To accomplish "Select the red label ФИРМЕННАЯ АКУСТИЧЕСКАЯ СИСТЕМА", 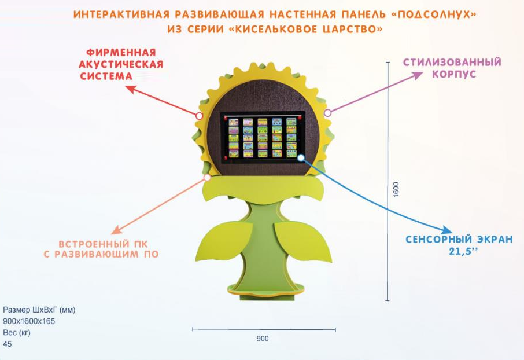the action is point(121,64).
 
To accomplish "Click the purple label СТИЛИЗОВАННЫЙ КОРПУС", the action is point(452,68).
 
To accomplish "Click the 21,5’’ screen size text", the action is point(460,251).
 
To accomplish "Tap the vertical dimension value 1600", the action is point(396,189).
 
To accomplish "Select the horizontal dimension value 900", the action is point(263,339).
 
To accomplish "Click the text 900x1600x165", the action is point(29,321).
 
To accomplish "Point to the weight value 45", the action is point(8,344).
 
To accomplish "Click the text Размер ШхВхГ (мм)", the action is point(39,310).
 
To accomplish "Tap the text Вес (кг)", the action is point(17,333).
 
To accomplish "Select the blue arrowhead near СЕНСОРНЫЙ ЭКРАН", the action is point(448,230).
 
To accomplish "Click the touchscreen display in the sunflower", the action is point(263,138).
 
